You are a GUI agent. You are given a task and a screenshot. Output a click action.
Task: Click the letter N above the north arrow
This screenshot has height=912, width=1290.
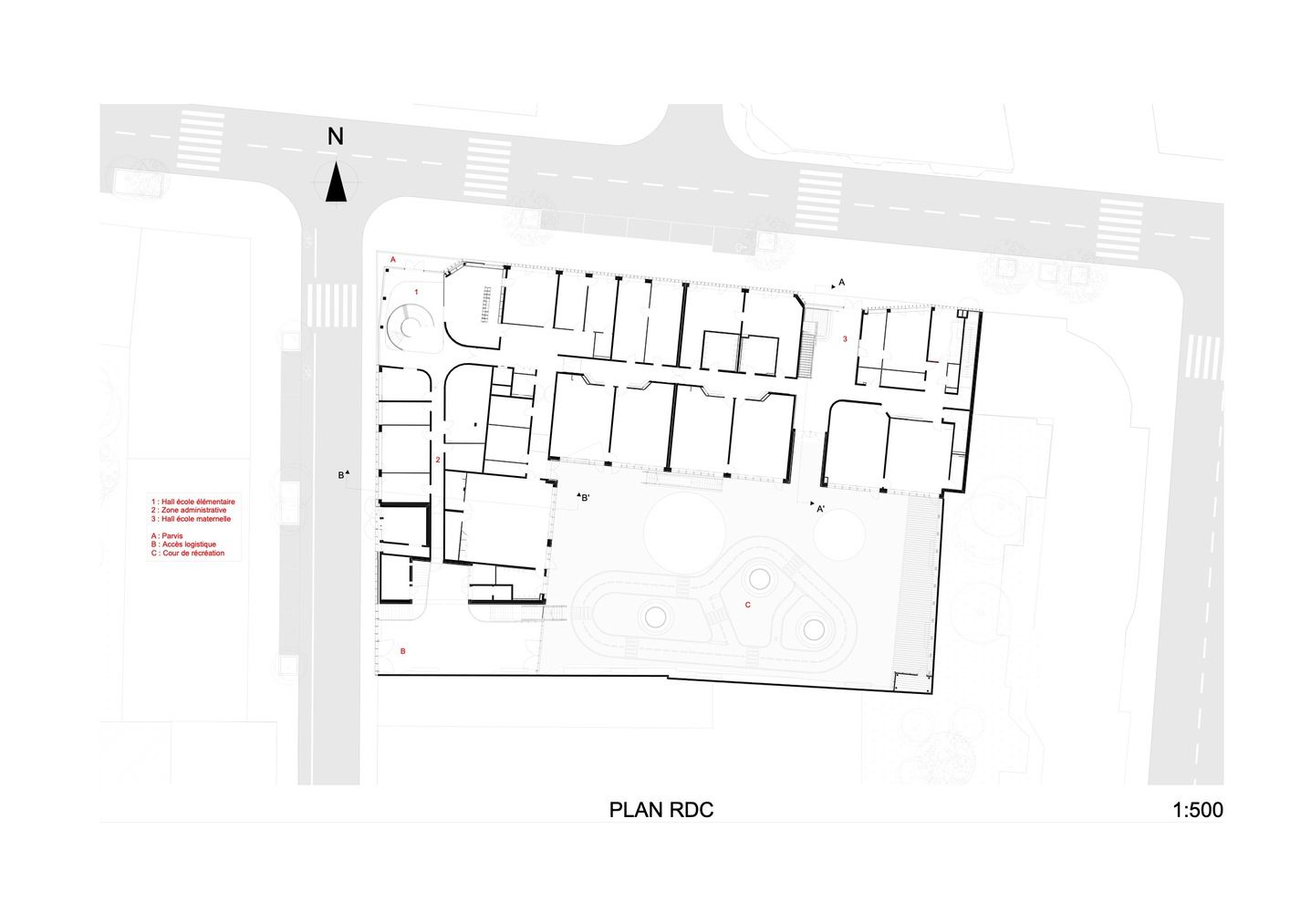click(x=336, y=137)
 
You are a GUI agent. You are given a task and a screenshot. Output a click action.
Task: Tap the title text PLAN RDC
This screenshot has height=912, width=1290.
click(x=661, y=810)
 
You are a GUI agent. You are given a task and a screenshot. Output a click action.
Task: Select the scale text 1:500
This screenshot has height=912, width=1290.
click(x=1198, y=810)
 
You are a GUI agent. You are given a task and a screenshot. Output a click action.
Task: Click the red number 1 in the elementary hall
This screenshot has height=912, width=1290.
click(x=416, y=292)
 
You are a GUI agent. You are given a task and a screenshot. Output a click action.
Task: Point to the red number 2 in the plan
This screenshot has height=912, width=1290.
click(x=438, y=460)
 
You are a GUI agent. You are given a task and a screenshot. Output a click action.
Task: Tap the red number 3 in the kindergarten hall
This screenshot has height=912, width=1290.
click(x=845, y=338)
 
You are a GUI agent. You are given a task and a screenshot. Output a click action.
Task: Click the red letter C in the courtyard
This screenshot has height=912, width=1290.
click(x=748, y=605)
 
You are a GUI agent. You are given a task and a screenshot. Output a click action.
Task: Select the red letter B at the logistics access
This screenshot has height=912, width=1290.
click(x=403, y=651)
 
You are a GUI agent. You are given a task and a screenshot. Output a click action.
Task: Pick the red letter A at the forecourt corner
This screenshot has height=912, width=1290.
click(x=393, y=260)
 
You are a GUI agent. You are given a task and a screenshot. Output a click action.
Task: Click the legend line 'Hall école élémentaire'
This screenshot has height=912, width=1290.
click(x=192, y=502)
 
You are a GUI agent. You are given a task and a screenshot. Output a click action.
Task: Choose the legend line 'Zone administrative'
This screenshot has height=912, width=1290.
click(x=189, y=510)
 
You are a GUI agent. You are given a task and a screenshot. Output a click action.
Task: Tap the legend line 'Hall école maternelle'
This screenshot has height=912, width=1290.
click(x=192, y=519)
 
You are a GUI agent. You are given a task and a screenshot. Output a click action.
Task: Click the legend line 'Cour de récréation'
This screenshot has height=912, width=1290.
click(x=188, y=554)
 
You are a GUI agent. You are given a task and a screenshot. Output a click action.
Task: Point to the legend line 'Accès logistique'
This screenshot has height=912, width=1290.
click(x=183, y=544)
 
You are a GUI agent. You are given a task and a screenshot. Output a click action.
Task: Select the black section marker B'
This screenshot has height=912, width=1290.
click(x=583, y=497)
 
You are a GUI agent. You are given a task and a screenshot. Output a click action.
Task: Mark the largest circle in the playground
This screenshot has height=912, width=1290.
click(x=684, y=533)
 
